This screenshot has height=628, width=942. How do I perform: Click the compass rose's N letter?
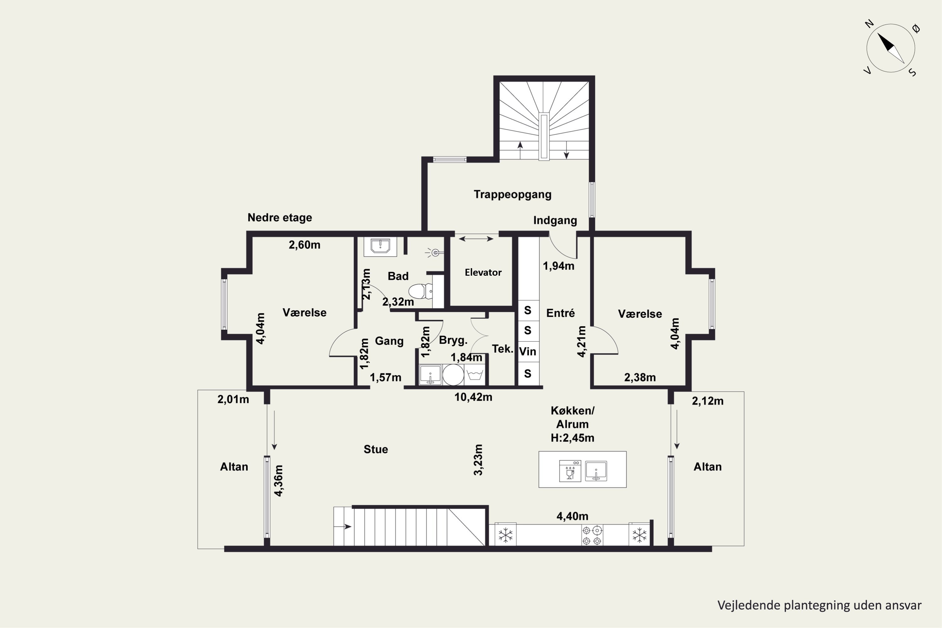(869, 24)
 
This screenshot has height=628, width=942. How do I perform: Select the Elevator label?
(483, 272)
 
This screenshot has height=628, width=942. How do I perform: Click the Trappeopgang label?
(513, 195)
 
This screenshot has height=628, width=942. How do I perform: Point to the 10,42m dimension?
(473, 397)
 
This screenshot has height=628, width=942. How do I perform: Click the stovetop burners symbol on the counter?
(592, 535)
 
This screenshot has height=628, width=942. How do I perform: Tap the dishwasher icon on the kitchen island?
(570, 471)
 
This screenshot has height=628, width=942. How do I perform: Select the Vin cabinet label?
(528, 351)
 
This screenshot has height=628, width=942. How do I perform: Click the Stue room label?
(376, 449)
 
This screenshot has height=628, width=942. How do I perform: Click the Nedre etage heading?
(279, 218)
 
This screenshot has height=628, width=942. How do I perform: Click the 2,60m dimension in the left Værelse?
(304, 245)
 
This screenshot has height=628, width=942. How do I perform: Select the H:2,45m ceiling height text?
(572, 438)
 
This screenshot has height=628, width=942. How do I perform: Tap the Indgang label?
(555, 220)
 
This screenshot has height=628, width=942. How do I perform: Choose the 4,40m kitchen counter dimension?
(572, 516)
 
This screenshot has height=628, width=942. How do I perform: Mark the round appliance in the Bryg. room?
(453, 375)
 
